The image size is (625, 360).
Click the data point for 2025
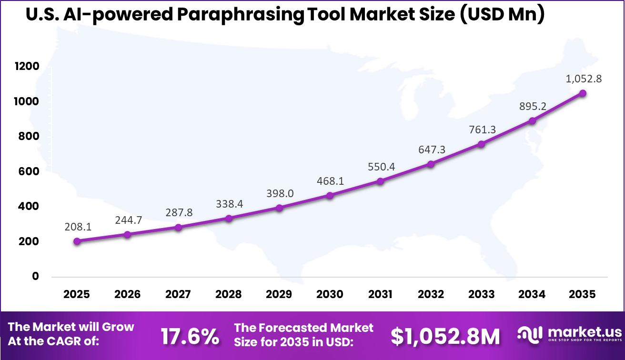point(77,241)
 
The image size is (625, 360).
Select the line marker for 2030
point(330,195)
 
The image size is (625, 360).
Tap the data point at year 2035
point(583,93)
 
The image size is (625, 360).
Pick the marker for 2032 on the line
point(431,164)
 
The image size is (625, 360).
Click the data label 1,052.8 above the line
point(583,79)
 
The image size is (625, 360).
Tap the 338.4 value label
point(229,204)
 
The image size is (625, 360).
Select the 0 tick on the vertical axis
point(35,277)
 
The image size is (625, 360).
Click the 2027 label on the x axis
point(178,294)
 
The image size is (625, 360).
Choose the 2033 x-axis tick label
point(481,294)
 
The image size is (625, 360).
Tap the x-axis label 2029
point(279,294)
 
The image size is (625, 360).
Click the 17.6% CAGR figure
point(190,336)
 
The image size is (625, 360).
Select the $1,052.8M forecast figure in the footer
point(445,336)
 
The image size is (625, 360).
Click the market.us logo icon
point(529,335)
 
